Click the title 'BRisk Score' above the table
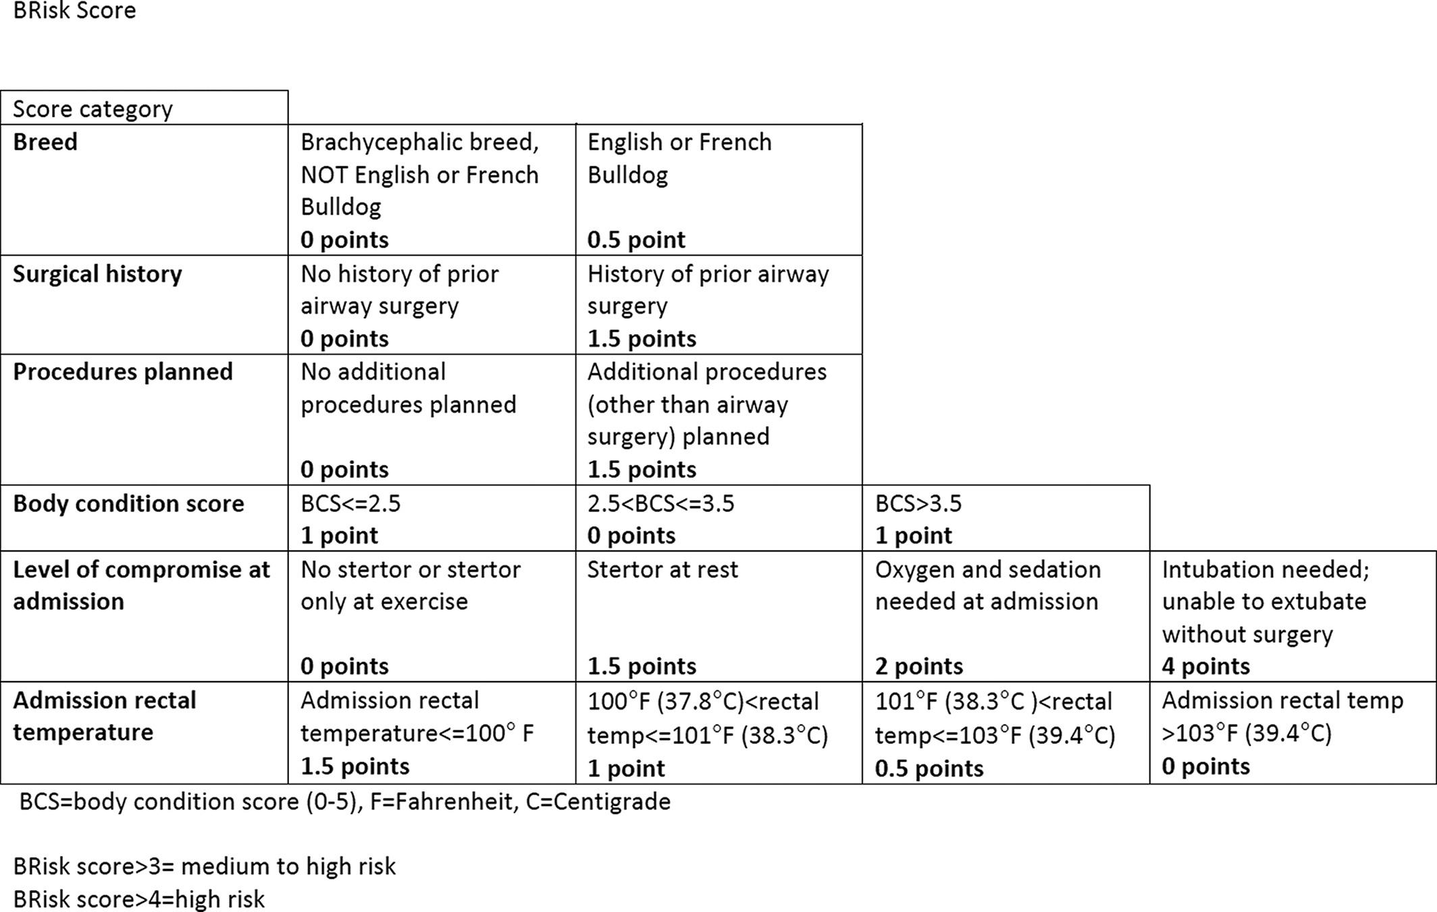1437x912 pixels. tap(74, 11)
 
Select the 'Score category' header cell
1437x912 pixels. tap(93, 109)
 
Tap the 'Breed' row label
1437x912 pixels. tap(45, 142)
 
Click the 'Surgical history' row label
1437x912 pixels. tap(97, 274)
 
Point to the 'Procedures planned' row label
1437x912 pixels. tap(123, 372)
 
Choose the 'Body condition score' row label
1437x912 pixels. tap(128, 504)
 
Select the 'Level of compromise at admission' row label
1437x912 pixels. tap(141, 585)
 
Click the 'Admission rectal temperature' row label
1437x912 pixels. tap(105, 716)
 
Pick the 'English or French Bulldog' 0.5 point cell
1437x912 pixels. tap(718, 190)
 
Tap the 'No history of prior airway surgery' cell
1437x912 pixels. tap(432, 305)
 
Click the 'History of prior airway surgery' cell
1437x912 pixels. tap(718, 305)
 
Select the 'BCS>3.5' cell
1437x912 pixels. tap(1005, 518)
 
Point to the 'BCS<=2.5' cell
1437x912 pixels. tap(432, 518)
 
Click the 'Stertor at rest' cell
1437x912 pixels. tap(718, 616)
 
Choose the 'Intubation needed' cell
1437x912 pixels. tap(1292, 616)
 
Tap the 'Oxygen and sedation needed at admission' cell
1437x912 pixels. tap(1005, 616)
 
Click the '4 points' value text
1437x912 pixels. tap(1206, 667)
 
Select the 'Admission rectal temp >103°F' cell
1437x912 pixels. tap(1292, 733)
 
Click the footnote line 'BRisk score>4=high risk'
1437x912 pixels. tap(139, 899)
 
